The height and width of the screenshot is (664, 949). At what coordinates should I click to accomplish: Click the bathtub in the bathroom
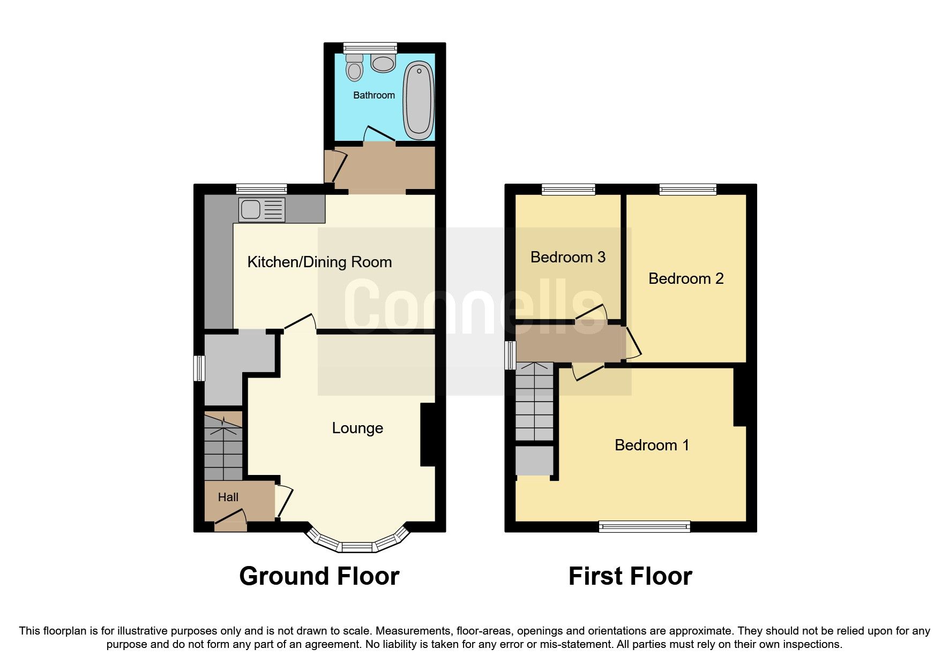point(419,100)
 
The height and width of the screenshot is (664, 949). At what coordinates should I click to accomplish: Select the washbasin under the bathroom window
point(383,64)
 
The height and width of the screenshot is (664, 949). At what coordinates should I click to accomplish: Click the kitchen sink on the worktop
point(251,209)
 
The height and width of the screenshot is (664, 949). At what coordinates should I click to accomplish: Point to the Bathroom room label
point(373,95)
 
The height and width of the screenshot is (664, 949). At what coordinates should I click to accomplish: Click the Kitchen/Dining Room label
point(319,262)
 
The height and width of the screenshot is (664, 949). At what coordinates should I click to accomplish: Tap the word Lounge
point(357,428)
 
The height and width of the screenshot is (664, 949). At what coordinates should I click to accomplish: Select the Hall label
point(228,497)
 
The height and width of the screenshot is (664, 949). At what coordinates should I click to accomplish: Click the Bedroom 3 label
point(567,257)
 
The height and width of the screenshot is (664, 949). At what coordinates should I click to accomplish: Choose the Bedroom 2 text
point(685,278)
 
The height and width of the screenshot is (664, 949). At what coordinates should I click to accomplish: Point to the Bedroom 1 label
point(651,445)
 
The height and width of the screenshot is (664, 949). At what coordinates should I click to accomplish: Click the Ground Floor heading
point(319,576)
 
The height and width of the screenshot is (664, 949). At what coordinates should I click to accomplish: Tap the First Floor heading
point(630,576)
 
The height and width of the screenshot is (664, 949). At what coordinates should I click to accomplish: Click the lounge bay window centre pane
point(357,547)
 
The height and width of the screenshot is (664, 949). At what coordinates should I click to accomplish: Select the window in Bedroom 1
point(644,527)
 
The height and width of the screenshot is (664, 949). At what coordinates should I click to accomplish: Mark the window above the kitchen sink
point(261,188)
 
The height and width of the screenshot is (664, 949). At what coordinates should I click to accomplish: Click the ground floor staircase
point(223,447)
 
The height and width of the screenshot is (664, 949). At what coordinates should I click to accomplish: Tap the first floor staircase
point(534,402)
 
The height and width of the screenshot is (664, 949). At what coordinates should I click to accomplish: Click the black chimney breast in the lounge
point(428,434)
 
